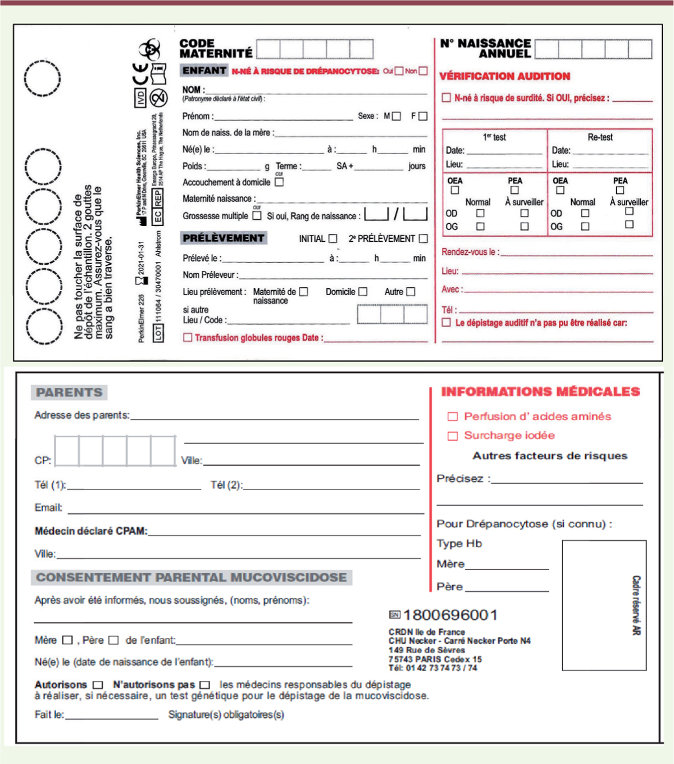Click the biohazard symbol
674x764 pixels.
tap(150, 49)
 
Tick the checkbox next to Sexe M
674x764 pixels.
tap(397, 116)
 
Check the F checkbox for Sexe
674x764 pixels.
tap(423, 116)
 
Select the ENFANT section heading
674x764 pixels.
tap(204, 71)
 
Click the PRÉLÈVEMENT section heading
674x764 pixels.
tap(224, 238)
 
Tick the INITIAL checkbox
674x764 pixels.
tap(333, 238)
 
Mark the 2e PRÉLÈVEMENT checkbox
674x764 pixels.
tap(423, 238)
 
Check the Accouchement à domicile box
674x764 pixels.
tap(279, 182)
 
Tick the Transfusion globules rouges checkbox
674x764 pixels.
tap(188, 337)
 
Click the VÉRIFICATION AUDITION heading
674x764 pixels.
tap(504, 76)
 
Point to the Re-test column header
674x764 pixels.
tap(600, 137)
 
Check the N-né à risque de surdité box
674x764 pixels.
tap(447, 98)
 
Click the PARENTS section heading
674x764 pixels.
tap(69, 392)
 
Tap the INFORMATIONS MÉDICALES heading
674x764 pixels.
tap(540, 392)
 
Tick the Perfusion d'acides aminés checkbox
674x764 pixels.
tap(453, 417)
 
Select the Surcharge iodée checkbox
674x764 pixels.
tap(453, 436)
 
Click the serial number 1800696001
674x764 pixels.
tap(450, 615)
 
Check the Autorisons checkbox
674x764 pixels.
tap(98, 685)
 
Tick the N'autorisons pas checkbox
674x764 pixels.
tap(204, 685)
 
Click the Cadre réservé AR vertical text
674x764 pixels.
tap(636, 605)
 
